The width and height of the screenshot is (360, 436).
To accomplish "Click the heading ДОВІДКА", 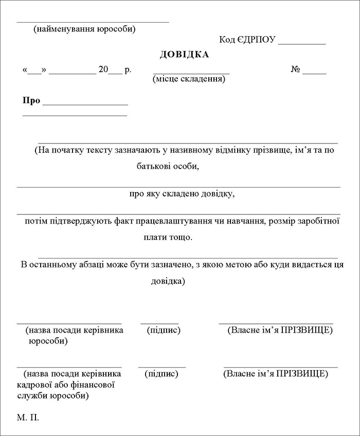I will click(185, 55).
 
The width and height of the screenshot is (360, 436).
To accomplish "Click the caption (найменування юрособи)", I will click(84, 29).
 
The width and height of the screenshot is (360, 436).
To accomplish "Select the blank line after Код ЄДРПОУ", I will click(301, 44).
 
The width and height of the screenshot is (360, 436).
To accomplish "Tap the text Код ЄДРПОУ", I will click(247, 40).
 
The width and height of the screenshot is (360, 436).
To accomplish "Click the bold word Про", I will click(31, 100).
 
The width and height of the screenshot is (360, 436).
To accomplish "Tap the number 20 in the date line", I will click(103, 69).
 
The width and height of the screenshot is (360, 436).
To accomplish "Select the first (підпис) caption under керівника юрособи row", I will click(164, 330).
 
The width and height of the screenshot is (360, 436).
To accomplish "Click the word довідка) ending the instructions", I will click(168, 281).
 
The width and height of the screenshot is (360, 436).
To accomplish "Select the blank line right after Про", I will click(85, 104).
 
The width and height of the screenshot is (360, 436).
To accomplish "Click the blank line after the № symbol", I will click(317, 74).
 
